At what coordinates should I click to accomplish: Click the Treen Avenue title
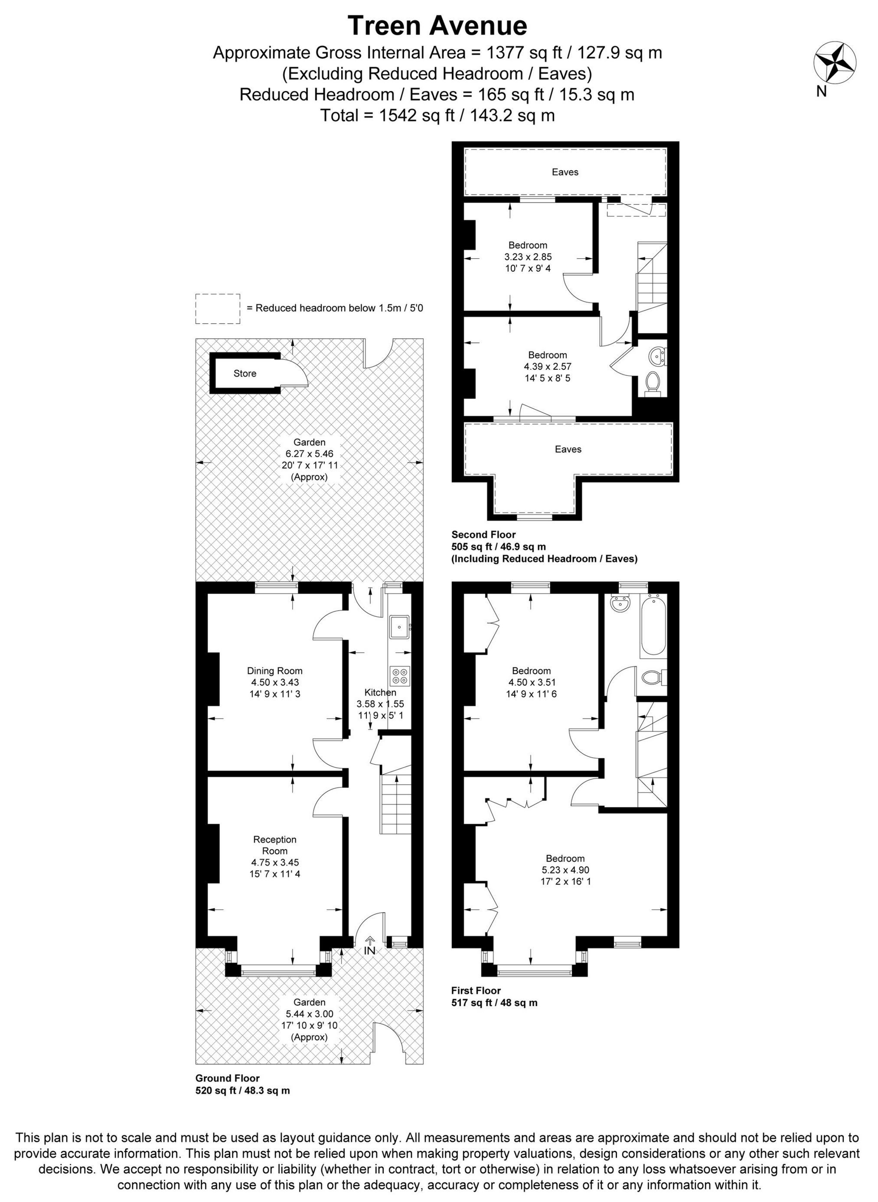point(437,25)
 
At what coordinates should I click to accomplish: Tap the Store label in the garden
point(245,374)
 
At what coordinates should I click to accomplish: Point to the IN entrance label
point(370,951)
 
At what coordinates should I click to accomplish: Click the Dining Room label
point(275,671)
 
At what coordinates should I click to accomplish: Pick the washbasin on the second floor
point(659,355)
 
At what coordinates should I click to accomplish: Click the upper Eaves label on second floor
point(565,172)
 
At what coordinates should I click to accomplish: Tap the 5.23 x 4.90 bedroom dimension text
point(565,870)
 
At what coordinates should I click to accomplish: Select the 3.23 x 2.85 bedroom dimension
point(528,257)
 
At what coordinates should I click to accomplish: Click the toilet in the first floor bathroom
point(652,678)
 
